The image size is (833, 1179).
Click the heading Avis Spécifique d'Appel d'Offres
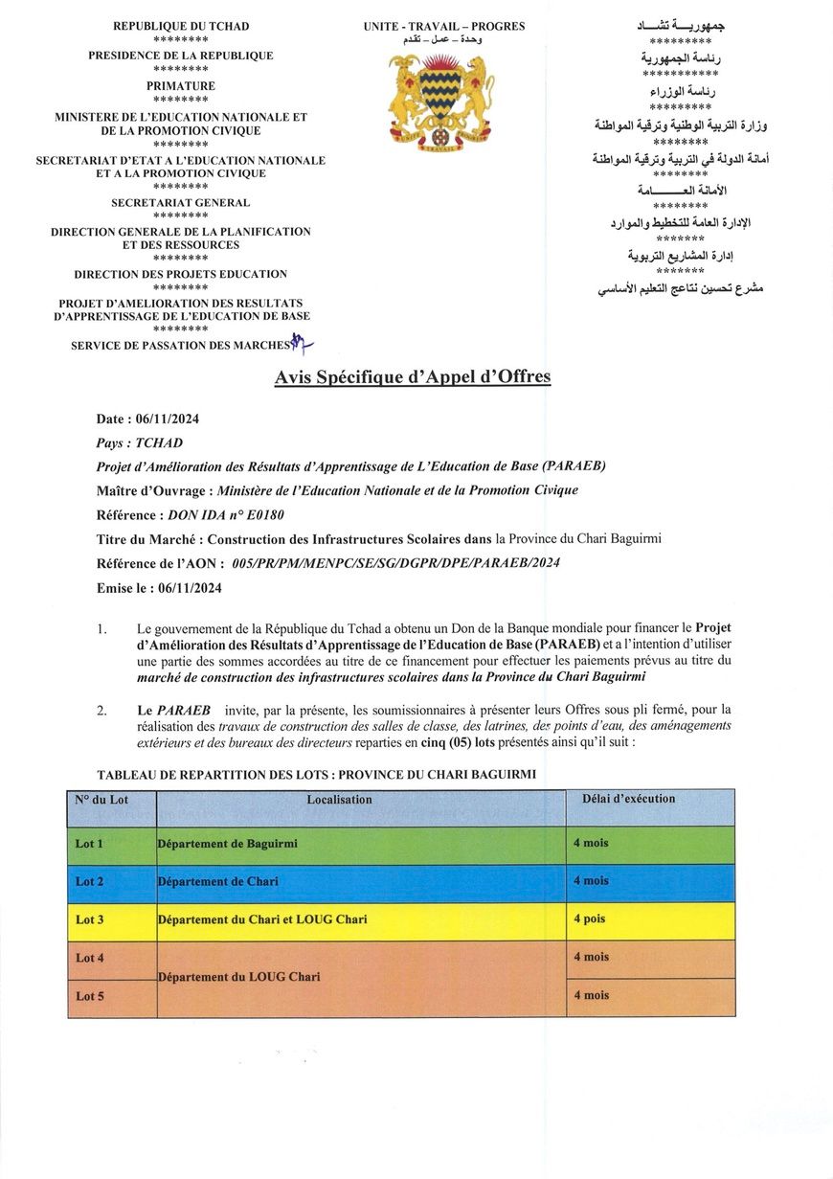point(413,377)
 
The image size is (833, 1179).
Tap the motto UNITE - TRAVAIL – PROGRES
point(444,27)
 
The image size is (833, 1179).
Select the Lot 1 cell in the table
point(90,844)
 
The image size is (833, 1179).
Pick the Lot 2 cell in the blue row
point(90,881)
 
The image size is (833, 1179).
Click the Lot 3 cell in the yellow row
point(90,919)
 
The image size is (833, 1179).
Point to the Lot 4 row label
point(90,958)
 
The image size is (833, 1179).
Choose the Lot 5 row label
point(90,996)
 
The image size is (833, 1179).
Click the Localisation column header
point(340,800)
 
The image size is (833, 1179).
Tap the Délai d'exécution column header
point(628,799)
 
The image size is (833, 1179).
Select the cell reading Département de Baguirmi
point(228,844)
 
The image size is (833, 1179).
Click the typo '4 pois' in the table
point(590,918)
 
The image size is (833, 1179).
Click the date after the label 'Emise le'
point(190,588)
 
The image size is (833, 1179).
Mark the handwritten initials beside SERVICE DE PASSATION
point(303,341)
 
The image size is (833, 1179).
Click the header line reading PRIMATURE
point(180,86)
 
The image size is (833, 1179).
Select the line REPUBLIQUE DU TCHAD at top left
point(180,27)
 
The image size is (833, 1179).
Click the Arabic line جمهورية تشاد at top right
point(681,27)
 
